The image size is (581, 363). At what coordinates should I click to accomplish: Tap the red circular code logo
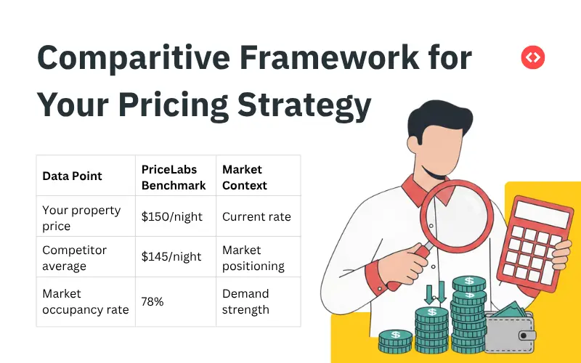[x=533, y=57]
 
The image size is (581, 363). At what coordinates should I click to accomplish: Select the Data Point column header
[x=72, y=176]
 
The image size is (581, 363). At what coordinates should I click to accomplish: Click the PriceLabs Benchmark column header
[x=173, y=177]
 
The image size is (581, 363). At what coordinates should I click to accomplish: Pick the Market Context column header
[x=245, y=177]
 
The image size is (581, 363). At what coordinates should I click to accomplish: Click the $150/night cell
[x=172, y=217]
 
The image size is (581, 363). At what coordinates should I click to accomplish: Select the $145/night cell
[x=172, y=257]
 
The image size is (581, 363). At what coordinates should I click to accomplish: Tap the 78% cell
[x=153, y=301]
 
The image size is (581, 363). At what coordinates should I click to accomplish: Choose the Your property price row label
[x=81, y=218]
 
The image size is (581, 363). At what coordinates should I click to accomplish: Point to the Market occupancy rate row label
[x=85, y=301]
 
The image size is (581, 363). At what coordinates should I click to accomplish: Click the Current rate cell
[x=256, y=217]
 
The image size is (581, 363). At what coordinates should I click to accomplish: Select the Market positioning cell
[x=253, y=258]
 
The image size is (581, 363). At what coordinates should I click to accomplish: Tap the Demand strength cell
[x=245, y=301]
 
